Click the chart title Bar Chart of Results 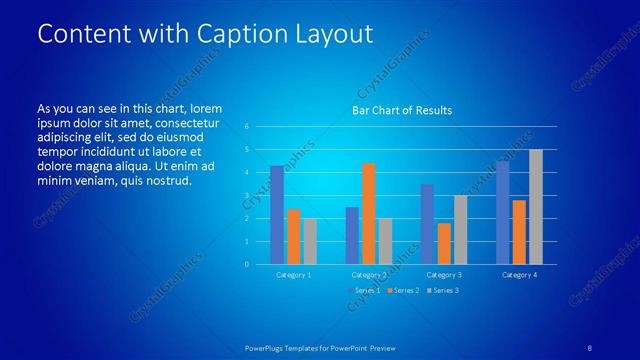point(401,109)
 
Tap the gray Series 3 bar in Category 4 point(536,206)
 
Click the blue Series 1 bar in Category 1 point(277,214)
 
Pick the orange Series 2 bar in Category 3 point(444,243)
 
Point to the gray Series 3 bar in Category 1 point(310,241)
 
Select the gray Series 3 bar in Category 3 point(460,229)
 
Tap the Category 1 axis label point(294,274)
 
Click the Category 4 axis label point(519,274)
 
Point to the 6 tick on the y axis point(247,127)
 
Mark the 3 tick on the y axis point(247,196)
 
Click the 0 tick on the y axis point(247,265)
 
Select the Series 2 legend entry point(405,290)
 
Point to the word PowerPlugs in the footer point(268,347)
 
